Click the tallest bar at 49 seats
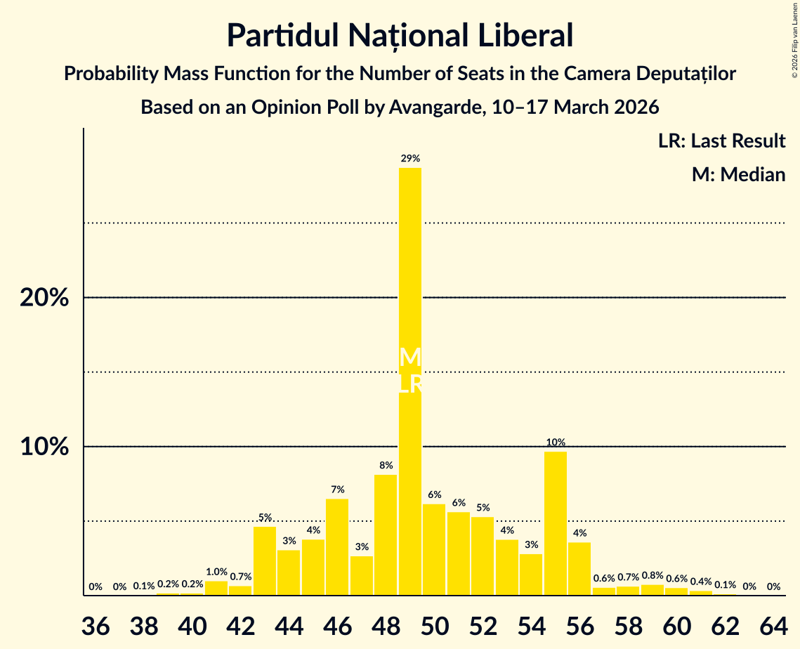coord(410,281)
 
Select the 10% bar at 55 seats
coord(556,523)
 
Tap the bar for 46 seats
coord(337,546)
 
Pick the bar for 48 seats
coord(386,535)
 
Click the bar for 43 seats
coord(265,560)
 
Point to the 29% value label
coord(410,159)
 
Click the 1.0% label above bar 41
coord(216,572)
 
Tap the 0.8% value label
coord(653,576)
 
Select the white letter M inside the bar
coord(410,358)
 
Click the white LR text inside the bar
coord(410,384)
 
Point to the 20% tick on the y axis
coord(44,298)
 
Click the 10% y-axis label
coord(44,447)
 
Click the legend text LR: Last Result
coord(721,141)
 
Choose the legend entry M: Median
coord(738,174)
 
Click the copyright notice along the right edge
coord(794,39)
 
